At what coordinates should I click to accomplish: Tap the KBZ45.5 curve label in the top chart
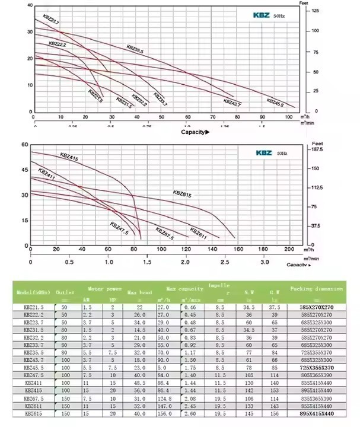pos(275,101)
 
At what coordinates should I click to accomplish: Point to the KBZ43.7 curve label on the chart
pos(232,103)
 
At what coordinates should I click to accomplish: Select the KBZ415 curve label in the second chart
pos(69,158)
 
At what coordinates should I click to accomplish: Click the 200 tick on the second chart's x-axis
pos(289,249)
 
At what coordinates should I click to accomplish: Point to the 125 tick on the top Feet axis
pos(316,11)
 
